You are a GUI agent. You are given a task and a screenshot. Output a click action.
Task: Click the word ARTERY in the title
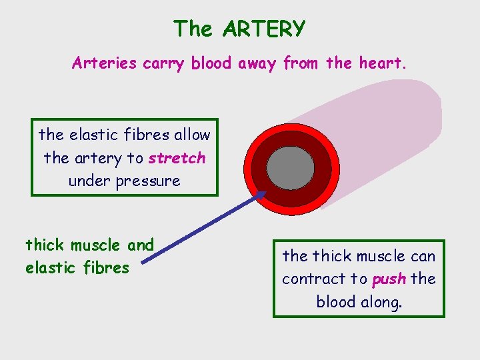(264, 29)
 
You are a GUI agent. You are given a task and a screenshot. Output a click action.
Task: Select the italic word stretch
(177, 159)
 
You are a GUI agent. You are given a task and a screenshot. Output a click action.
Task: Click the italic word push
(389, 279)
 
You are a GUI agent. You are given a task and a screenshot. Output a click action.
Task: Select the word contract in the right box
(311, 279)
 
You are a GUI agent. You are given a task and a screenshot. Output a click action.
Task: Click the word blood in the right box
(335, 301)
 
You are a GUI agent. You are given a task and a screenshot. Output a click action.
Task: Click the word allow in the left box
(192, 135)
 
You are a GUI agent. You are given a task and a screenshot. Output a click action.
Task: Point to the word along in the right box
(381, 301)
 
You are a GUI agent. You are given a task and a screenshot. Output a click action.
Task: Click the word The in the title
(193, 29)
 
